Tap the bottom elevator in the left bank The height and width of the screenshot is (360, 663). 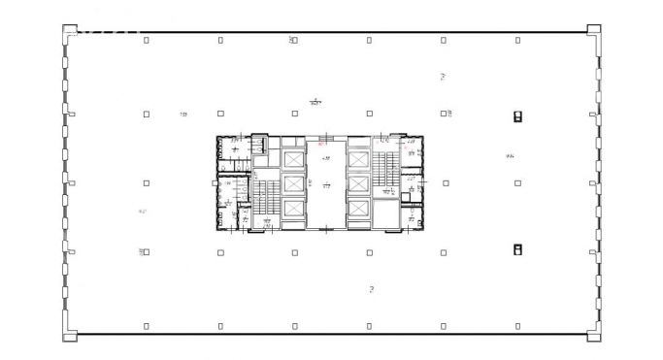pyautogui.click(x=292, y=209)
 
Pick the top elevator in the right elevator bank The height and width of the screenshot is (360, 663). pyautogui.click(x=358, y=158)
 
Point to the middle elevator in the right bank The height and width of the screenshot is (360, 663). pyautogui.click(x=358, y=183)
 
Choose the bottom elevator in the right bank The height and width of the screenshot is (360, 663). pyautogui.click(x=358, y=209)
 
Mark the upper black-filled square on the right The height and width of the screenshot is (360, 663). pyautogui.click(x=517, y=116)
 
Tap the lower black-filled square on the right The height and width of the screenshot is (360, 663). pyautogui.click(x=517, y=249)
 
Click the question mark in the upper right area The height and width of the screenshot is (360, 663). pyautogui.click(x=443, y=76)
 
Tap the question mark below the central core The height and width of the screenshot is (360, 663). pyautogui.click(x=372, y=289)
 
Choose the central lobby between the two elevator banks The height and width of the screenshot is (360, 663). pyautogui.click(x=325, y=183)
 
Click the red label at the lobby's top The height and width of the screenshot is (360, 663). pyautogui.click(x=321, y=143)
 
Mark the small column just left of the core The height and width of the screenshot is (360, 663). pyautogui.click(x=146, y=182)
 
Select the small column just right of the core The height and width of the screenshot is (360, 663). pyautogui.click(x=443, y=182)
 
